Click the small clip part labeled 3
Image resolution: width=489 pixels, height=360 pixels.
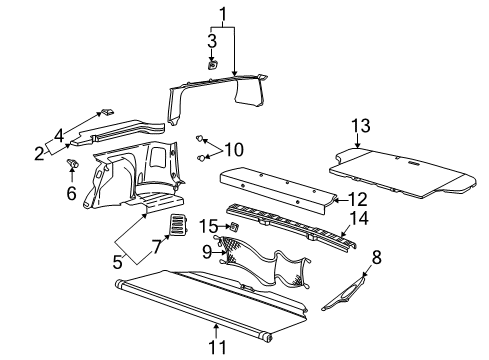(x=213, y=64)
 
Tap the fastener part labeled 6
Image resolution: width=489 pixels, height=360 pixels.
(x=72, y=161)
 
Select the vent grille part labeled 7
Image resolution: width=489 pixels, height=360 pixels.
(x=180, y=227)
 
